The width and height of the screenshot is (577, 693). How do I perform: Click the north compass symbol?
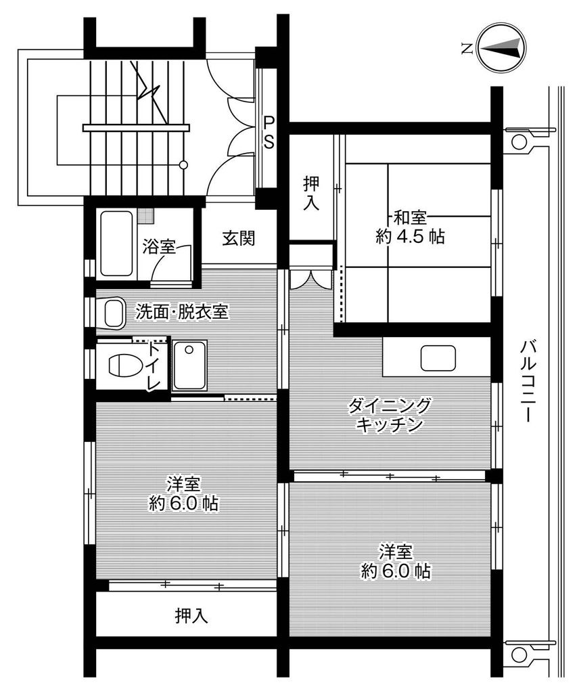click(500, 47)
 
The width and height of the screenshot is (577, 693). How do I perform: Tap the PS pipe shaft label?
click(269, 133)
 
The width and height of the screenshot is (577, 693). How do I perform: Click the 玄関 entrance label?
click(239, 238)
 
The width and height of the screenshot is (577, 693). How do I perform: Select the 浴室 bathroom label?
click(159, 246)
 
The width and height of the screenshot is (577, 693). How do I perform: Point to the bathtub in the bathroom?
click(116, 244)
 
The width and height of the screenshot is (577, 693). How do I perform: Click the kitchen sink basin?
click(438, 358)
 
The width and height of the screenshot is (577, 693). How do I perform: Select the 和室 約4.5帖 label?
click(410, 227)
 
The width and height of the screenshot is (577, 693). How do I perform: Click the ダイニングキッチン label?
click(389, 415)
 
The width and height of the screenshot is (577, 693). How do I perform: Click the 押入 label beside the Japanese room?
click(311, 193)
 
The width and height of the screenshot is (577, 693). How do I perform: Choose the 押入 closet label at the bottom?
click(191, 615)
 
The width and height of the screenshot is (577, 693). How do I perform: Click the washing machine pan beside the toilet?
click(189, 365)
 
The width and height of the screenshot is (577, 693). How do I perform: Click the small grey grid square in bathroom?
click(145, 216)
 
